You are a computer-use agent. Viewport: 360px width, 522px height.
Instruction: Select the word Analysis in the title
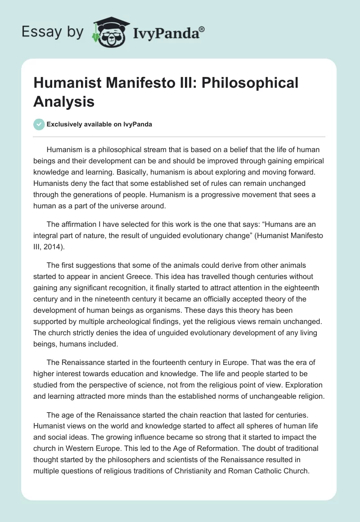(x=64, y=101)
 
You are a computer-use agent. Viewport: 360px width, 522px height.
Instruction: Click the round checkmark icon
(x=39, y=124)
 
